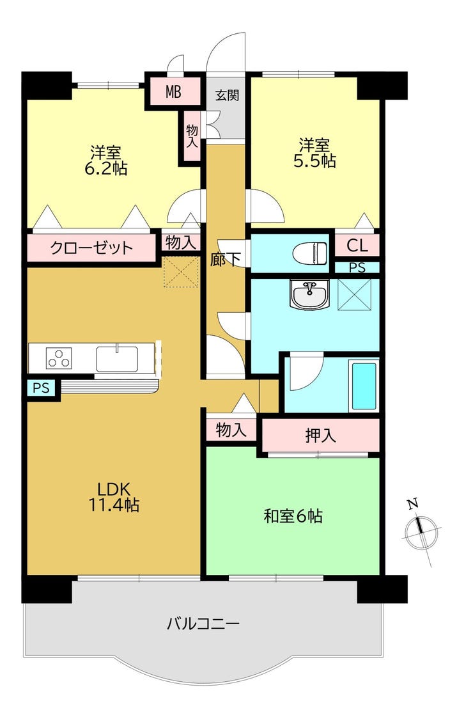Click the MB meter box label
click(x=173, y=92)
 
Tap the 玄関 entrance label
click(x=226, y=96)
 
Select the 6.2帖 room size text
click(x=106, y=168)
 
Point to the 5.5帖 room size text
click(x=314, y=161)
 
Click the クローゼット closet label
click(x=91, y=248)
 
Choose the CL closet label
click(x=357, y=245)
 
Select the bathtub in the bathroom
click(x=364, y=386)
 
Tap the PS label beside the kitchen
click(x=41, y=388)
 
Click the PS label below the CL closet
click(x=357, y=268)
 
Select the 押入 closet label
click(x=319, y=436)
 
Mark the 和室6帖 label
click(x=293, y=516)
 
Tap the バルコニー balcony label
click(x=203, y=622)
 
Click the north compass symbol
click(x=421, y=530)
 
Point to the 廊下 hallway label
click(x=226, y=259)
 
